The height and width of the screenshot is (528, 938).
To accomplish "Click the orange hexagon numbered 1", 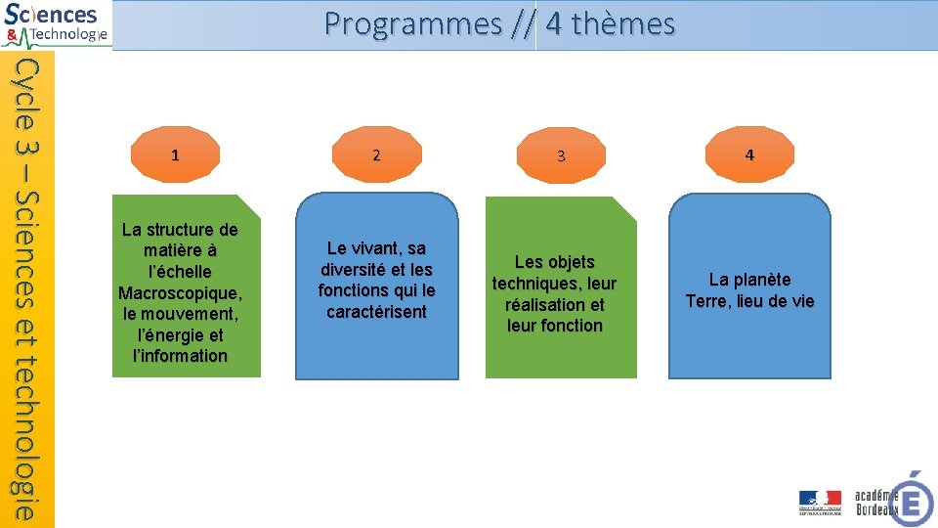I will click(175, 154).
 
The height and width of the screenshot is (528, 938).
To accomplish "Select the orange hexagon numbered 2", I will click(376, 154).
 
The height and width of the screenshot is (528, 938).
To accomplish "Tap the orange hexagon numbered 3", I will click(561, 155).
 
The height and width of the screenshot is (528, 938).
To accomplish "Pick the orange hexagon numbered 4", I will click(749, 154).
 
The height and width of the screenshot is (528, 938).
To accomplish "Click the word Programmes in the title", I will click(412, 23).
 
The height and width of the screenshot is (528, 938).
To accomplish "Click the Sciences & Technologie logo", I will click(56, 24).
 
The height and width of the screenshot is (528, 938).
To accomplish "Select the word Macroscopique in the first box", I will click(180, 293).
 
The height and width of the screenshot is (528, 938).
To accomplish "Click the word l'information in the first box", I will click(180, 356).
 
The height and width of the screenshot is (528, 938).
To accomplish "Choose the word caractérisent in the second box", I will click(376, 312).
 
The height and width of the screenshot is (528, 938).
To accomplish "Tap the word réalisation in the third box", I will click(554, 304).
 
